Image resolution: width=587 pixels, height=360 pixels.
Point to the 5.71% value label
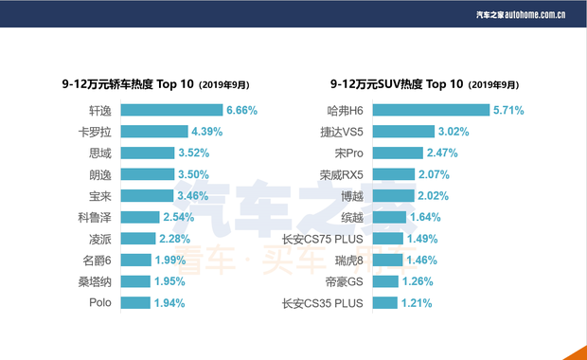pos(508,110)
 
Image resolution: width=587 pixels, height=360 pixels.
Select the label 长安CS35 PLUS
pos(324,303)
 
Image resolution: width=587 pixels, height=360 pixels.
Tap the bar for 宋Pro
pos(396,153)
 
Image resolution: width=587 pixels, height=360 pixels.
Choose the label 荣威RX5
pos(342,174)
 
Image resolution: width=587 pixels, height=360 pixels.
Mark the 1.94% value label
pos(169,303)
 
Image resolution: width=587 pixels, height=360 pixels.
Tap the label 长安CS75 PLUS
pos(324,239)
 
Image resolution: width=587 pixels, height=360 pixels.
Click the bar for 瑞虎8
pos(387,260)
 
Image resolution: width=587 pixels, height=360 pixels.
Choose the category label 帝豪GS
pos(345,281)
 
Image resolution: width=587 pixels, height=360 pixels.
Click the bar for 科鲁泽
pos(140,217)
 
